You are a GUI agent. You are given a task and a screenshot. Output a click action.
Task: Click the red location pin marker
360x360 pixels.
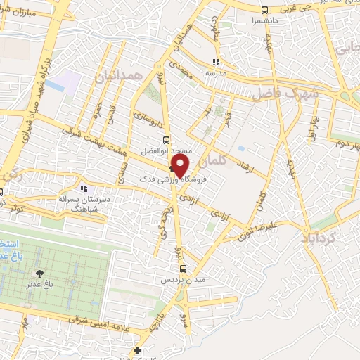coord(180,165)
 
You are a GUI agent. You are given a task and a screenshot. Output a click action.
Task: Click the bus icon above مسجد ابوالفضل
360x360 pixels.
coord(167,139)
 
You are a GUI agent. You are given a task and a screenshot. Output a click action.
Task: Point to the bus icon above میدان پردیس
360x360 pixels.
coord(183,269)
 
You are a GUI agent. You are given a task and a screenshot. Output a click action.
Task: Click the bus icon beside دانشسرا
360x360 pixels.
coord(264,10)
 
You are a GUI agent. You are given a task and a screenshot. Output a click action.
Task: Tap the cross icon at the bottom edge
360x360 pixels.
coord(138,350)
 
